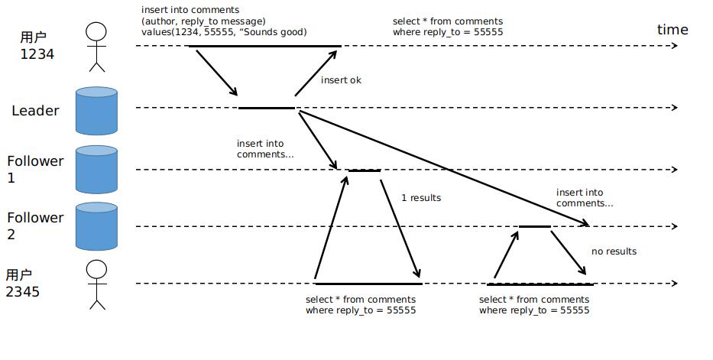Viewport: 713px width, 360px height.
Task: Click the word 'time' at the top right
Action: [672, 30]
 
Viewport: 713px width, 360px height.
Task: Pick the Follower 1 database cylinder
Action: [96, 169]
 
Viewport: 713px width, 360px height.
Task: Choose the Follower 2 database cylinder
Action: [96, 226]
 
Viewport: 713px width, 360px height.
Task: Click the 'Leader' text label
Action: [35, 111]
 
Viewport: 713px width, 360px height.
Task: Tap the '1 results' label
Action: [421, 198]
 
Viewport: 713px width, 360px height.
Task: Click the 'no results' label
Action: [614, 251]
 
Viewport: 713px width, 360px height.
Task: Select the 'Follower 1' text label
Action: [35, 169]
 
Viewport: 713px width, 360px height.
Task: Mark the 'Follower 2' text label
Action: [35, 225]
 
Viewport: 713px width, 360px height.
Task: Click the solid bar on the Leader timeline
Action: [266, 108]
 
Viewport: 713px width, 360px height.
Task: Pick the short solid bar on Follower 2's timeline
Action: [534, 226]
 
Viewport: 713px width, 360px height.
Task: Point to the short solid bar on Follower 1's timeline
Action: [364, 170]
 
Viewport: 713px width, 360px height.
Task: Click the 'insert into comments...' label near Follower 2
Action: [585, 198]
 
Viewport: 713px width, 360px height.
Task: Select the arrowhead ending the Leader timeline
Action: [673, 108]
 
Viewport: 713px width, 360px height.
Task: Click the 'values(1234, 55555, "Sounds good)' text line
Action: [224, 32]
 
